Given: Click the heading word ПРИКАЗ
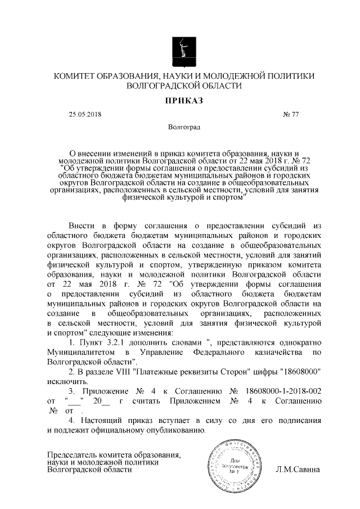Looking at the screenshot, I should click(180, 101).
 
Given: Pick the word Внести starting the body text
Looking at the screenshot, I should click(84, 226).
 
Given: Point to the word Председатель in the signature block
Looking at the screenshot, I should click(74, 454).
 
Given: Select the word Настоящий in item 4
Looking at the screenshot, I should click(100, 420).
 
